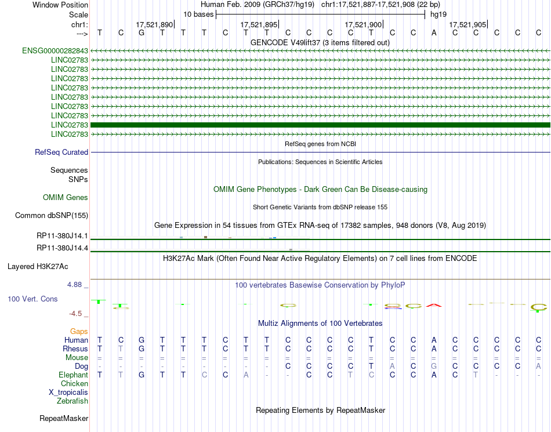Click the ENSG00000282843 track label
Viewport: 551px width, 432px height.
pyautogui.click(x=55, y=51)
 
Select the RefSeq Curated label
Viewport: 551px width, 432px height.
pyautogui.click(x=61, y=153)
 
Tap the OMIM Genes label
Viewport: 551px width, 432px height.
pyautogui.click(x=66, y=198)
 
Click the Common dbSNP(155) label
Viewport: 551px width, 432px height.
pyautogui.click(x=51, y=216)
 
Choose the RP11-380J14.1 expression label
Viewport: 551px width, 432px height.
pyautogui.click(x=62, y=236)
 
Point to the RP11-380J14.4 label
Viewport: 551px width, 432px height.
pyautogui.click(x=62, y=248)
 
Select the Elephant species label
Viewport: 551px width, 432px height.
pyautogui.click(x=73, y=375)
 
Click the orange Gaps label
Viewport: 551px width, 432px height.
pyautogui.click(x=79, y=331)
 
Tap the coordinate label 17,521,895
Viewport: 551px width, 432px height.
pyautogui.click(x=259, y=25)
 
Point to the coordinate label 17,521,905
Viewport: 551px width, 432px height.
pyautogui.click(x=467, y=25)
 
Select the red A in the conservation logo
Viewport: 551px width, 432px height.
pyautogui.click(x=434, y=306)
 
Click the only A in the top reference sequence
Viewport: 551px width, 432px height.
pyautogui.click(x=434, y=32)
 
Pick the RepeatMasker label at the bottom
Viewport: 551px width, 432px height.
pyautogui.click(x=64, y=418)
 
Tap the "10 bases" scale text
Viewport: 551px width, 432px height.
pyautogui.click(x=198, y=14)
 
